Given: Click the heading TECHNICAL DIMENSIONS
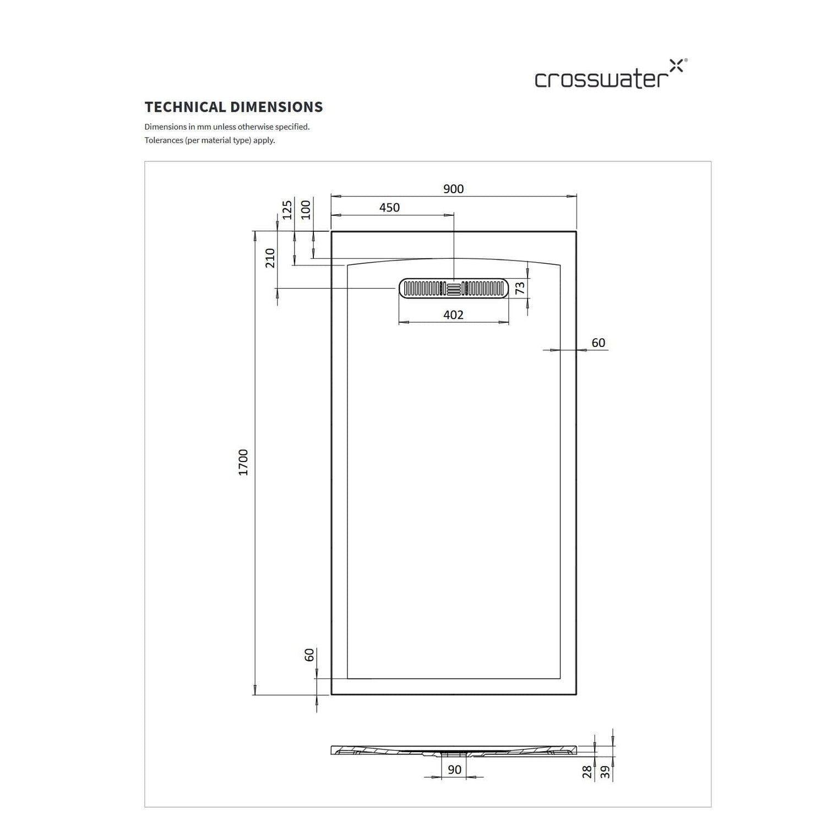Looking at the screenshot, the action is click(233, 107).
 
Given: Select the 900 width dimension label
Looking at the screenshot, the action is click(453, 189).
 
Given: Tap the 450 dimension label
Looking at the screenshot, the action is click(389, 208).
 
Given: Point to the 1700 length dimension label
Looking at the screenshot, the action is click(243, 463).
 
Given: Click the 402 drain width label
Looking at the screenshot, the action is click(453, 315).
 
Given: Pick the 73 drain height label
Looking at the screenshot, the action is click(520, 287).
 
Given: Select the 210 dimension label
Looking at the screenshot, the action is click(270, 258).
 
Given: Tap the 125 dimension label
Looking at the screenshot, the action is click(287, 210).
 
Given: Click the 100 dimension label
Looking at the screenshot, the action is click(306, 210).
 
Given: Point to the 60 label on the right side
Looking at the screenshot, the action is click(599, 343).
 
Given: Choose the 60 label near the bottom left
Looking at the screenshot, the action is click(309, 655).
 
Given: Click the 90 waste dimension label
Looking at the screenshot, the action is click(454, 770).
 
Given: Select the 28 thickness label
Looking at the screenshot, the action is click(587, 772).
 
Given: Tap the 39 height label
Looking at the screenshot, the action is click(606, 772).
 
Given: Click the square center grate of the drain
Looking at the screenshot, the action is click(454, 288).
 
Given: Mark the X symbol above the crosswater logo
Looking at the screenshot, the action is click(676, 66).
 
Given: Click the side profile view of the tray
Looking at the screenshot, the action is click(454, 751).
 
